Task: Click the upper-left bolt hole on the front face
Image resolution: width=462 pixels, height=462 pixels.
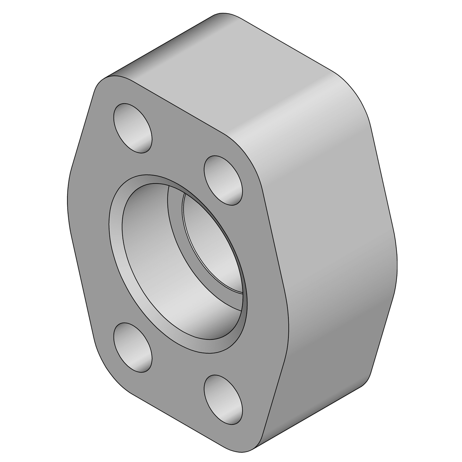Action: click(133, 127)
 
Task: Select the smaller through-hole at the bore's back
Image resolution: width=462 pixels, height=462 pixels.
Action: click(212, 244)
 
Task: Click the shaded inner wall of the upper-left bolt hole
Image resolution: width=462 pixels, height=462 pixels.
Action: click(141, 135)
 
